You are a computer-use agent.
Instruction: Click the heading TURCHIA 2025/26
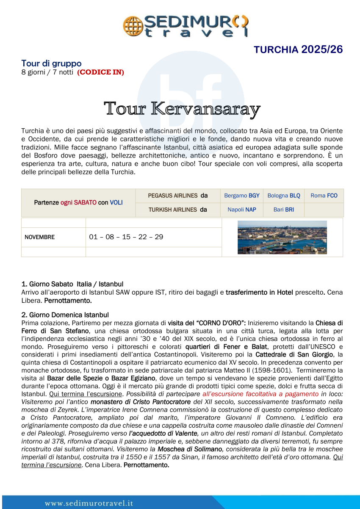pos(298,50)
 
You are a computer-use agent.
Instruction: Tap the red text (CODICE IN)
pos(100,72)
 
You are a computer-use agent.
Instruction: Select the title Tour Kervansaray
pos(182,109)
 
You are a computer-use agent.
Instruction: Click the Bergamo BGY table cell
pos(241,196)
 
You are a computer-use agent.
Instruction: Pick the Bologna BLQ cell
pos(284,196)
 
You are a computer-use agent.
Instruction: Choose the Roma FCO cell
pos(324,196)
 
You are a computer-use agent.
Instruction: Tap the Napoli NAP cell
pos(241,210)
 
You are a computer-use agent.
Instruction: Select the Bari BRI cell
pos(284,210)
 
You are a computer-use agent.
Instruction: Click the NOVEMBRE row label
pos(40,237)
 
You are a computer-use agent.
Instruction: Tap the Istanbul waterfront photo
pos(282,237)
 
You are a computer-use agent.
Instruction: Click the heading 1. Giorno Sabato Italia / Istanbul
pos(72,284)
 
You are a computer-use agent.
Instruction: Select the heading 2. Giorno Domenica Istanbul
pos(65,315)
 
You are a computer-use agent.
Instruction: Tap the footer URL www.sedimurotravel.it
pos(89,503)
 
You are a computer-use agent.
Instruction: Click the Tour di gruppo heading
pos(51,64)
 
